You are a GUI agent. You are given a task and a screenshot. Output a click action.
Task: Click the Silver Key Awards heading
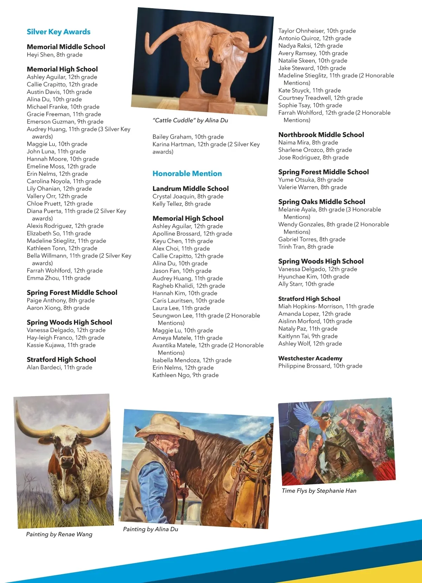coord(58,32)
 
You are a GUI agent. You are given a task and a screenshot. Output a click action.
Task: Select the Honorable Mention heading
coord(187,173)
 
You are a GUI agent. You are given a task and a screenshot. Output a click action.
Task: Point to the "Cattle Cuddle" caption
coord(190,120)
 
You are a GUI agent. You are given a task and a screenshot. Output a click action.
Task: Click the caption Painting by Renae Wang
coord(59,534)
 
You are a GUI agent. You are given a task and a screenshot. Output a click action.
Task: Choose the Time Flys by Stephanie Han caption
coord(319,490)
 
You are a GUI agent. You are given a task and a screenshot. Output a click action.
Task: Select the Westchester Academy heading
coord(310,358)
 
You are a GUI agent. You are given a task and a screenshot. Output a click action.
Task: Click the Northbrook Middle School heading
coord(321,135)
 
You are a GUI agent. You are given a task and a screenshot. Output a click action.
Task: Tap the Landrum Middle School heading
coord(191,189)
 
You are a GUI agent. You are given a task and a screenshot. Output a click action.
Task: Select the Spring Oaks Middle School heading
coord(321,202)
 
